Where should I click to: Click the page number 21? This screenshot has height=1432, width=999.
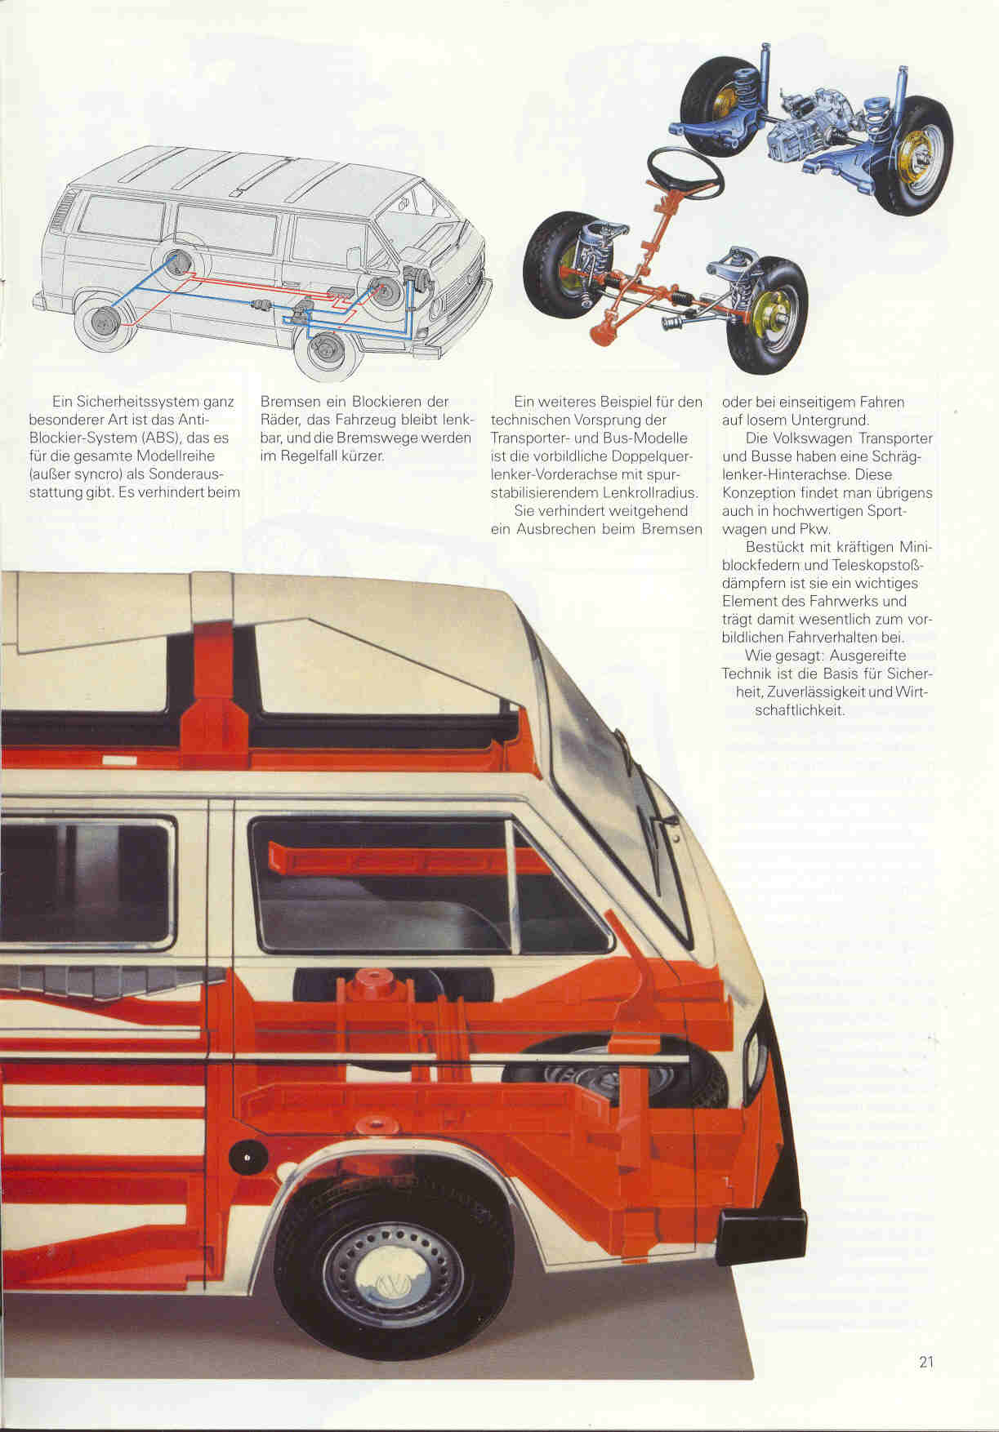click(925, 1361)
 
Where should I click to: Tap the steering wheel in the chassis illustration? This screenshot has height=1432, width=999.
click(685, 174)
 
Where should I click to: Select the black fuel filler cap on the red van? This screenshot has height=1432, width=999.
click(242, 1158)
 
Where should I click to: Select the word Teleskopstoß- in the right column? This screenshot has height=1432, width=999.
click(876, 565)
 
